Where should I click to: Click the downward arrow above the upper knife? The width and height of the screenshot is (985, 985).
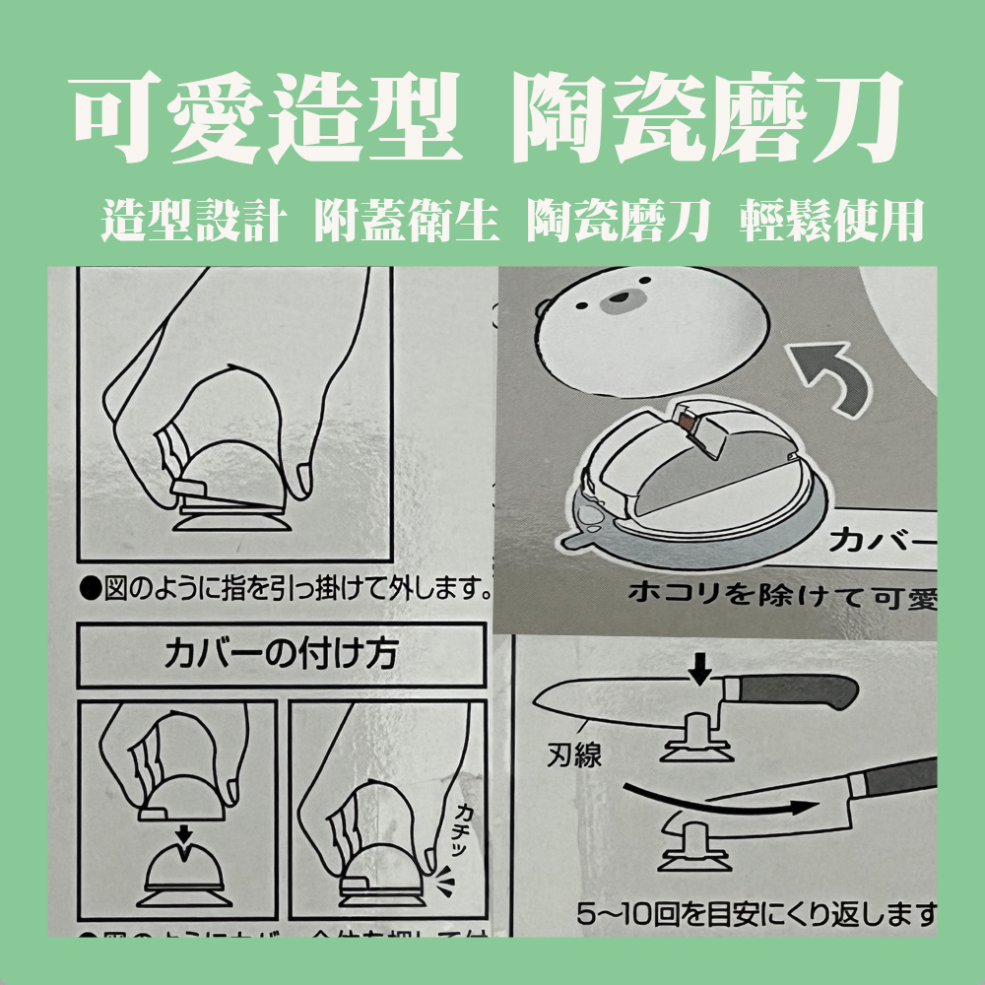coord(699,671)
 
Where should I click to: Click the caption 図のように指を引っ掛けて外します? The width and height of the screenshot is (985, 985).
coord(286,591)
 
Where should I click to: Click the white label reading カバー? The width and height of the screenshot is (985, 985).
coord(882,540)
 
